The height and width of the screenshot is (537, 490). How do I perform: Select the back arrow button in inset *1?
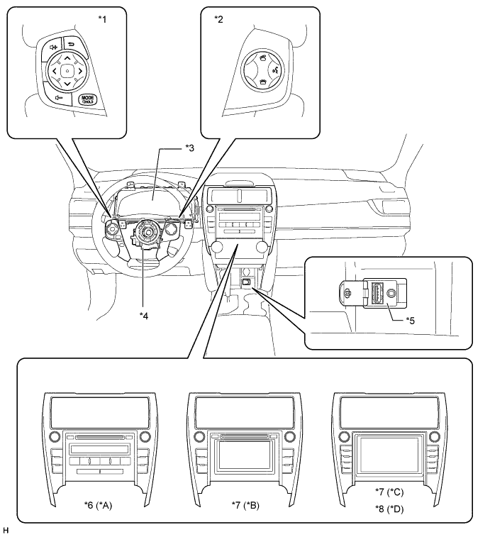tap(72, 44)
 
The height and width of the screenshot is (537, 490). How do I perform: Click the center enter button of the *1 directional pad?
tap(66, 71)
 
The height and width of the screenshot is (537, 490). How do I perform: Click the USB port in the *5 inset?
tap(377, 292)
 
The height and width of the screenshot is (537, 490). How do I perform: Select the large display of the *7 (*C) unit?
tap(389, 453)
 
